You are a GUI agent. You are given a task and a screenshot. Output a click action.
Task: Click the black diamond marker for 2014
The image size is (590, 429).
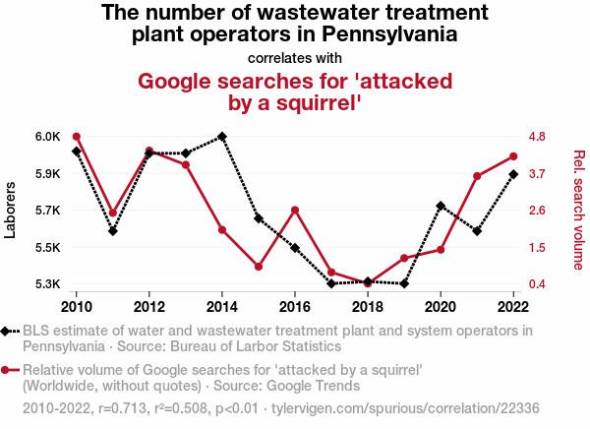click(222, 137)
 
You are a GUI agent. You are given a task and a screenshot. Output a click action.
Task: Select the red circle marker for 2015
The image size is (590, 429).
click(259, 267)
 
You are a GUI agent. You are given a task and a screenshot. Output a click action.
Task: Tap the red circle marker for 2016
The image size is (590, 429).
click(295, 210)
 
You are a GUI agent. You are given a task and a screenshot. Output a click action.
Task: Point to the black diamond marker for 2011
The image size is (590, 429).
click(113, 231)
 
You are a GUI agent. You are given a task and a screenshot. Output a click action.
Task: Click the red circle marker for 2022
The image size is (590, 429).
click(513, 156)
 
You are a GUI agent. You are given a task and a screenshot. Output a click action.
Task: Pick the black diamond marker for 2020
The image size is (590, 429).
click(441, 206)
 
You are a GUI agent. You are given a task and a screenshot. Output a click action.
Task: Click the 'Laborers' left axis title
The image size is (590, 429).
click(11, 210)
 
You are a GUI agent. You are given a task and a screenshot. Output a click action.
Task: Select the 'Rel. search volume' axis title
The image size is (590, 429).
click(578, 210)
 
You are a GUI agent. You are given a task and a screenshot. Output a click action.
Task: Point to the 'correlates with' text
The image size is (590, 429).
click(295, 57)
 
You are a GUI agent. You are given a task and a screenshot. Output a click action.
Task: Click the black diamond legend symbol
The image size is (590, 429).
click(8, 332)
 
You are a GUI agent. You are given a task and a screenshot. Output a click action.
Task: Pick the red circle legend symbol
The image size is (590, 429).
click(8, 371)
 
